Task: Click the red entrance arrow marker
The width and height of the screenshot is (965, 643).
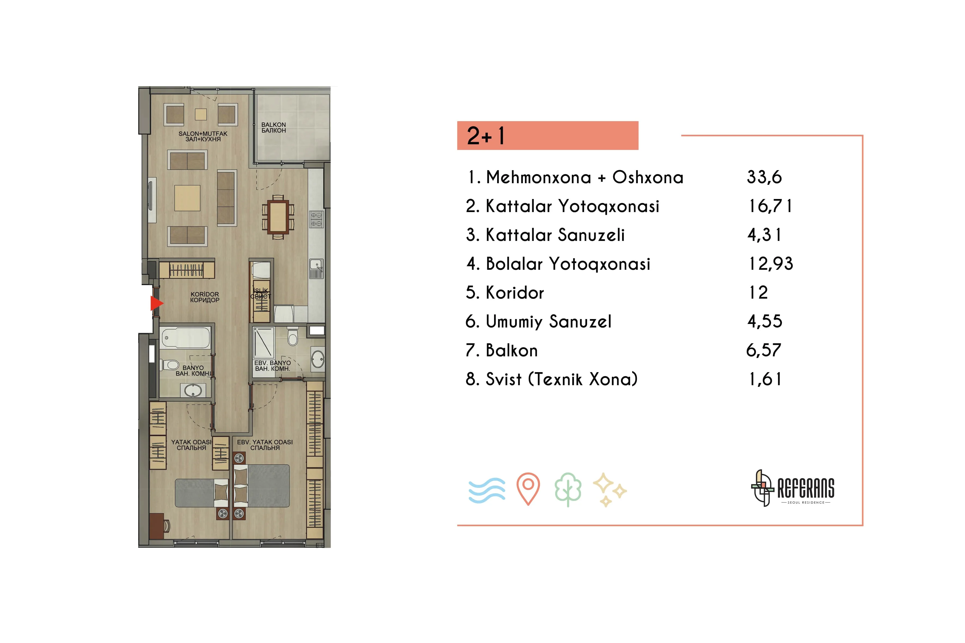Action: pyautogui.click(x=156, y=304)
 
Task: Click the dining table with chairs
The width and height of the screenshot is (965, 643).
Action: pyautogui.click(x=278, y=217)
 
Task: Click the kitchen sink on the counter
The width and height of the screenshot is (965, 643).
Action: pyautogui.click(x=316, y=269)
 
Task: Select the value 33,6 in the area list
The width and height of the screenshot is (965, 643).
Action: pyautogui.click(x=764, y=177)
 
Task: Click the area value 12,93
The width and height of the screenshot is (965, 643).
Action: pyautogui.click(x=771, y=264)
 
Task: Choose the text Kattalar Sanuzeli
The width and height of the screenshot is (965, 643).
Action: pyautogui.click(x=555, y=235)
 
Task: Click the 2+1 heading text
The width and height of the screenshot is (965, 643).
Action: pyautogui.click(x=486, y=136)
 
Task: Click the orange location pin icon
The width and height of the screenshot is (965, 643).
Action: pyautogui.click(x=528, y=489)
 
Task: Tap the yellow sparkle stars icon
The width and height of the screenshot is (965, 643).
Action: pyautogui.click(x=609, y=490)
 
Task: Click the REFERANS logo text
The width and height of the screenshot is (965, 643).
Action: pyautogui.click(x=806, y=488)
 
